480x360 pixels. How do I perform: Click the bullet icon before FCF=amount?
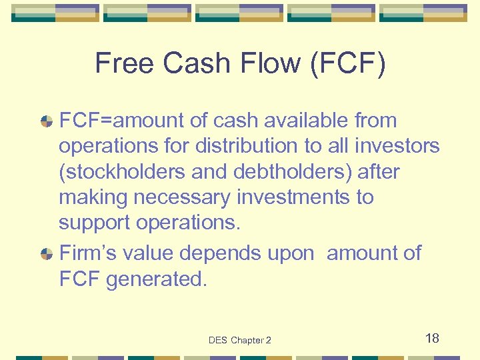pyautogui.click(x=47, y=121)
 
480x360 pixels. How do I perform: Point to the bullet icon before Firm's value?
pyautogui.click(x=47, y=254)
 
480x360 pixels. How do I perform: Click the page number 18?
pyautogui.click(x=432, y=339)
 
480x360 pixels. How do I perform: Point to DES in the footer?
pyautogui.click(x=218, y=341)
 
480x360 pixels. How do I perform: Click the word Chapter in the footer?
pyautogui.click(x=247, y=341)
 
